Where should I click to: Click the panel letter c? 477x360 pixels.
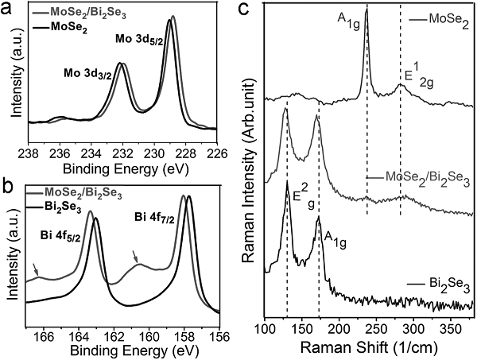(246, 10)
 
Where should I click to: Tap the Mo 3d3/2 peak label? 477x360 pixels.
(87, 73)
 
